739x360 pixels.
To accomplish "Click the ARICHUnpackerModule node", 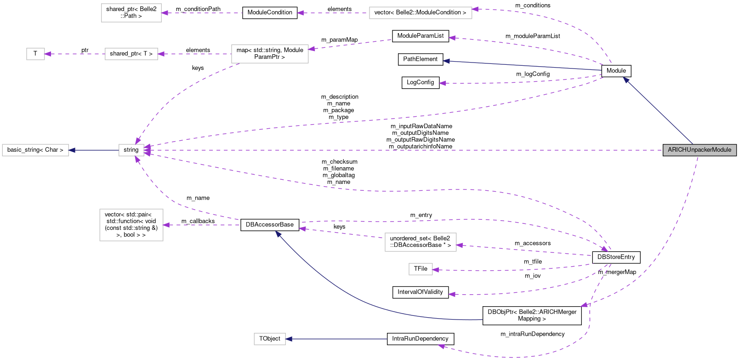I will (699, 150).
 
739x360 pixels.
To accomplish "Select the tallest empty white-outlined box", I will (131, 225).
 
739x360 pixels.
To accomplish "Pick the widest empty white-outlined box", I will (421, 13).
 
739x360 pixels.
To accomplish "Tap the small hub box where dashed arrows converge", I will (131, 150).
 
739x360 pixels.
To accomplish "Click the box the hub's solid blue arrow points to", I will (35, 150).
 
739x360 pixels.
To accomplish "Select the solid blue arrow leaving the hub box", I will (94, 150).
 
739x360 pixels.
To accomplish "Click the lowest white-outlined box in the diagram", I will (270, 339).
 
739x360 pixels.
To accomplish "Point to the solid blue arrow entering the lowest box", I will (336, 339).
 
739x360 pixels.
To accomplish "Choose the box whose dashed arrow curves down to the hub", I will (270, 54).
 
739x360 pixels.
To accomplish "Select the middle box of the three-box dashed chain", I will (131, 54).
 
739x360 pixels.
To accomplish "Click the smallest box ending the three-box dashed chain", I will (35, 54).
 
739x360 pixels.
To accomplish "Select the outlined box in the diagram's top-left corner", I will (131, 13).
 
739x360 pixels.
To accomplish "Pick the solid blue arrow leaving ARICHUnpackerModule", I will (657, 110).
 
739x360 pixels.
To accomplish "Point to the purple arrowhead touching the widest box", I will (475, 9).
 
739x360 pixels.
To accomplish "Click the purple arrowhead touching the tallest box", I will (166, 225).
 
